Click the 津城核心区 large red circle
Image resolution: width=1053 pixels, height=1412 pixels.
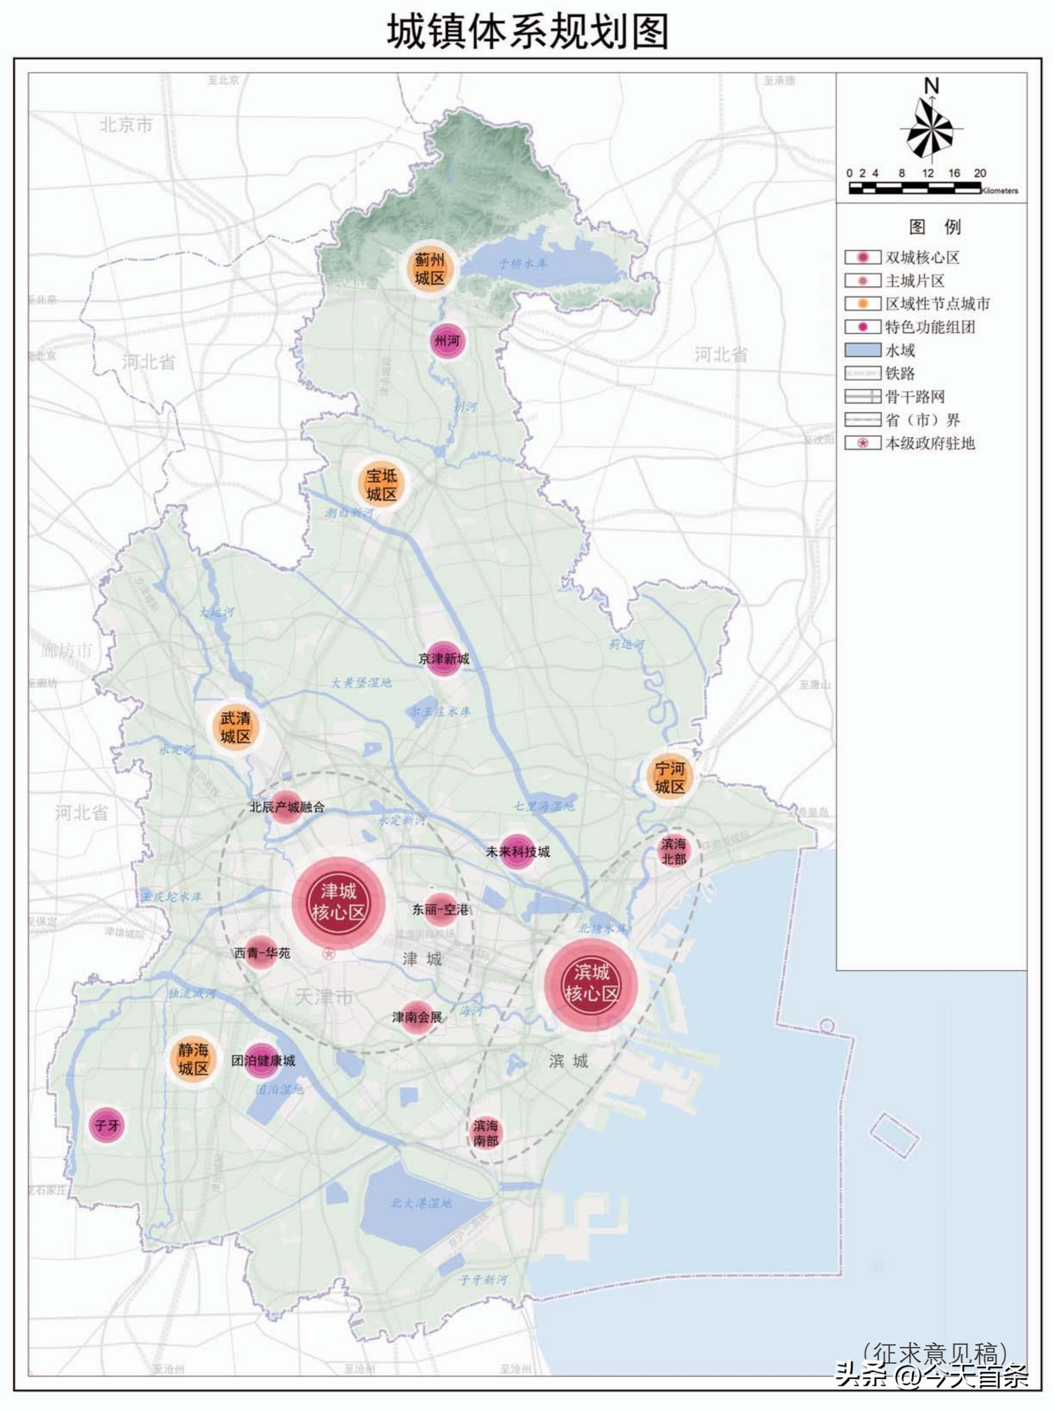339,902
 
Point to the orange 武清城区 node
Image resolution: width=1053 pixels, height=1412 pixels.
235,728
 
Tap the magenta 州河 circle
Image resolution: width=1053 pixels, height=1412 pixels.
447,341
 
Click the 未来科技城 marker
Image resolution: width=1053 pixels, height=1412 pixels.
517,851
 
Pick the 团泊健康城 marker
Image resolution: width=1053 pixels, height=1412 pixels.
262,1060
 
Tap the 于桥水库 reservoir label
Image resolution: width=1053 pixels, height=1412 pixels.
523,264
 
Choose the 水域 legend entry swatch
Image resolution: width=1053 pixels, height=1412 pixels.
862,350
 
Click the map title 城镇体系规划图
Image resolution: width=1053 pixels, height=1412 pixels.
527,32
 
